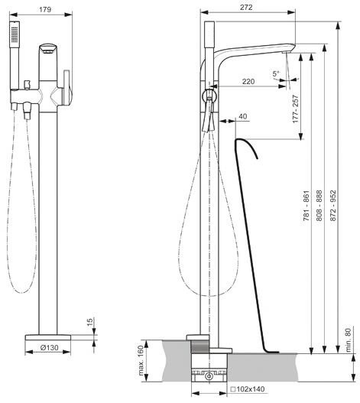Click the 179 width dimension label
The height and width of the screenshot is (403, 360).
point(45,9)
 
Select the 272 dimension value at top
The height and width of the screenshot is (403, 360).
point(246,8)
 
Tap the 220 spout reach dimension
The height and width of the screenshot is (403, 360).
point(248,82)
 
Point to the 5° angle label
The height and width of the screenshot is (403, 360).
point(276,74)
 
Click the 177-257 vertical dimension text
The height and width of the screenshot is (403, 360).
point(296,109)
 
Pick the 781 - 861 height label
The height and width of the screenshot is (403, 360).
point(306,206)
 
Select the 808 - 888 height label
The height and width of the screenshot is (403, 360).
point(319,206)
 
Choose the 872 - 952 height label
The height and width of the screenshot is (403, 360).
point(332,206)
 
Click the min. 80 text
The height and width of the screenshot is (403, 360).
point(348,340)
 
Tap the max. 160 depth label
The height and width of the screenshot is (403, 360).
point(141,360)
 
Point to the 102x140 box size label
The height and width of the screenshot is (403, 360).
point(251,389)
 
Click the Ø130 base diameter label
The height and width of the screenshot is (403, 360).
point(50,348)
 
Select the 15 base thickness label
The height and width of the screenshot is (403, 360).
point(89,322)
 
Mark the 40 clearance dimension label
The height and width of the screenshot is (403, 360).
point(243,116)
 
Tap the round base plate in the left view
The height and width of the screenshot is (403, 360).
point(48,337)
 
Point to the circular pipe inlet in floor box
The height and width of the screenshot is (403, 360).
point(209,376)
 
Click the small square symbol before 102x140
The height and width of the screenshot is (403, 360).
point(233,389)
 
